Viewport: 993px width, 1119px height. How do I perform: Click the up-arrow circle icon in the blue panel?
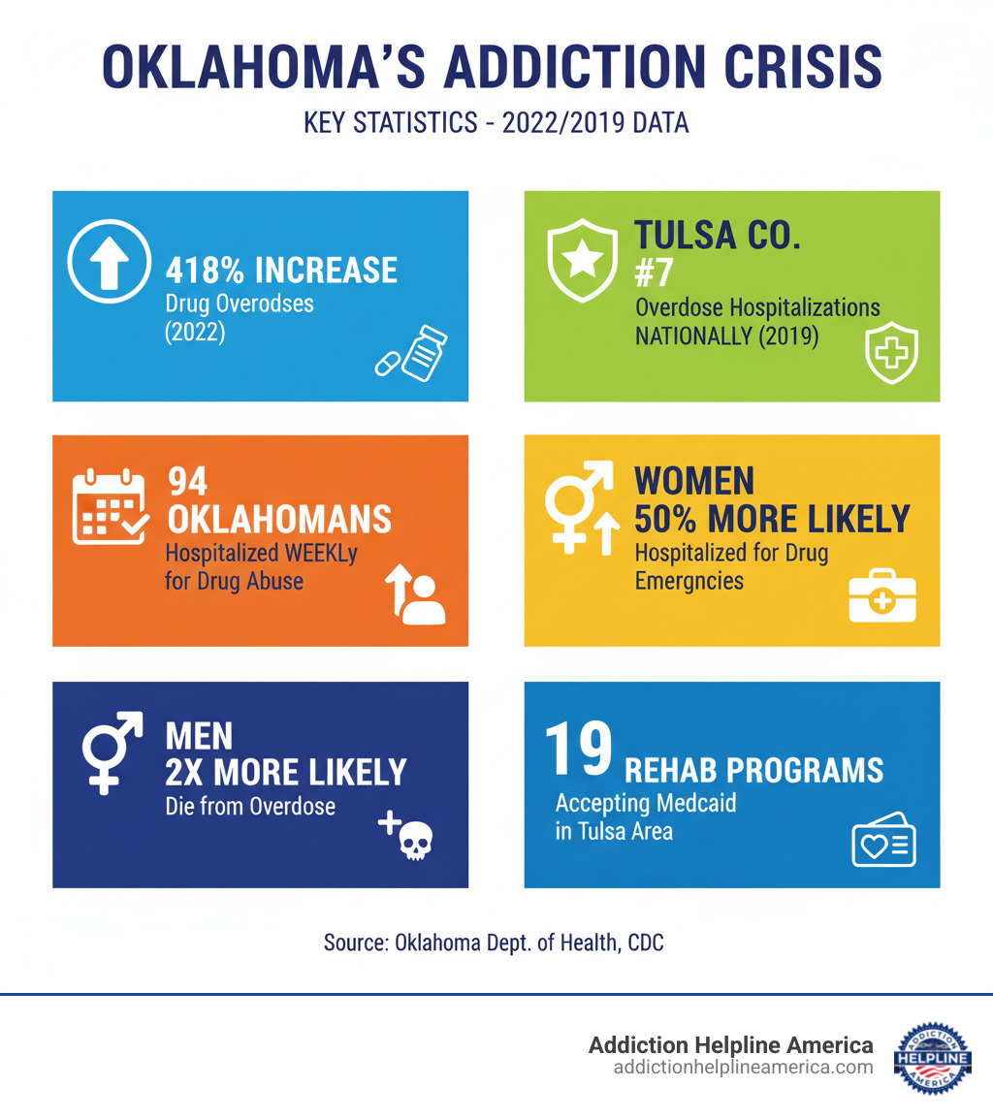(x=109, y=264)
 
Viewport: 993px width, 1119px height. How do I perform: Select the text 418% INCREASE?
(x=281, y=270)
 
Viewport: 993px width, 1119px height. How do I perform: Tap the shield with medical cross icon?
(x=890, y=356)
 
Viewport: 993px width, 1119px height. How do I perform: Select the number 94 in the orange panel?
(x=189, y=481)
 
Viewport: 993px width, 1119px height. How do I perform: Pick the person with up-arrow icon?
(x=415, y=593)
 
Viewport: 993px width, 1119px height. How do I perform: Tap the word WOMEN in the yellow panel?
(x=694, y=481)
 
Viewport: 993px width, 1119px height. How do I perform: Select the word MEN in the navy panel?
(x=199, y=735)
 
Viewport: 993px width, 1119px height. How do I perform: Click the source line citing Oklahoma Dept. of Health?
(x=494, y=943)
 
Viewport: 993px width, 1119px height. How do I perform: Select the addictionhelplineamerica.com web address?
(x=743, y=1068)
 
